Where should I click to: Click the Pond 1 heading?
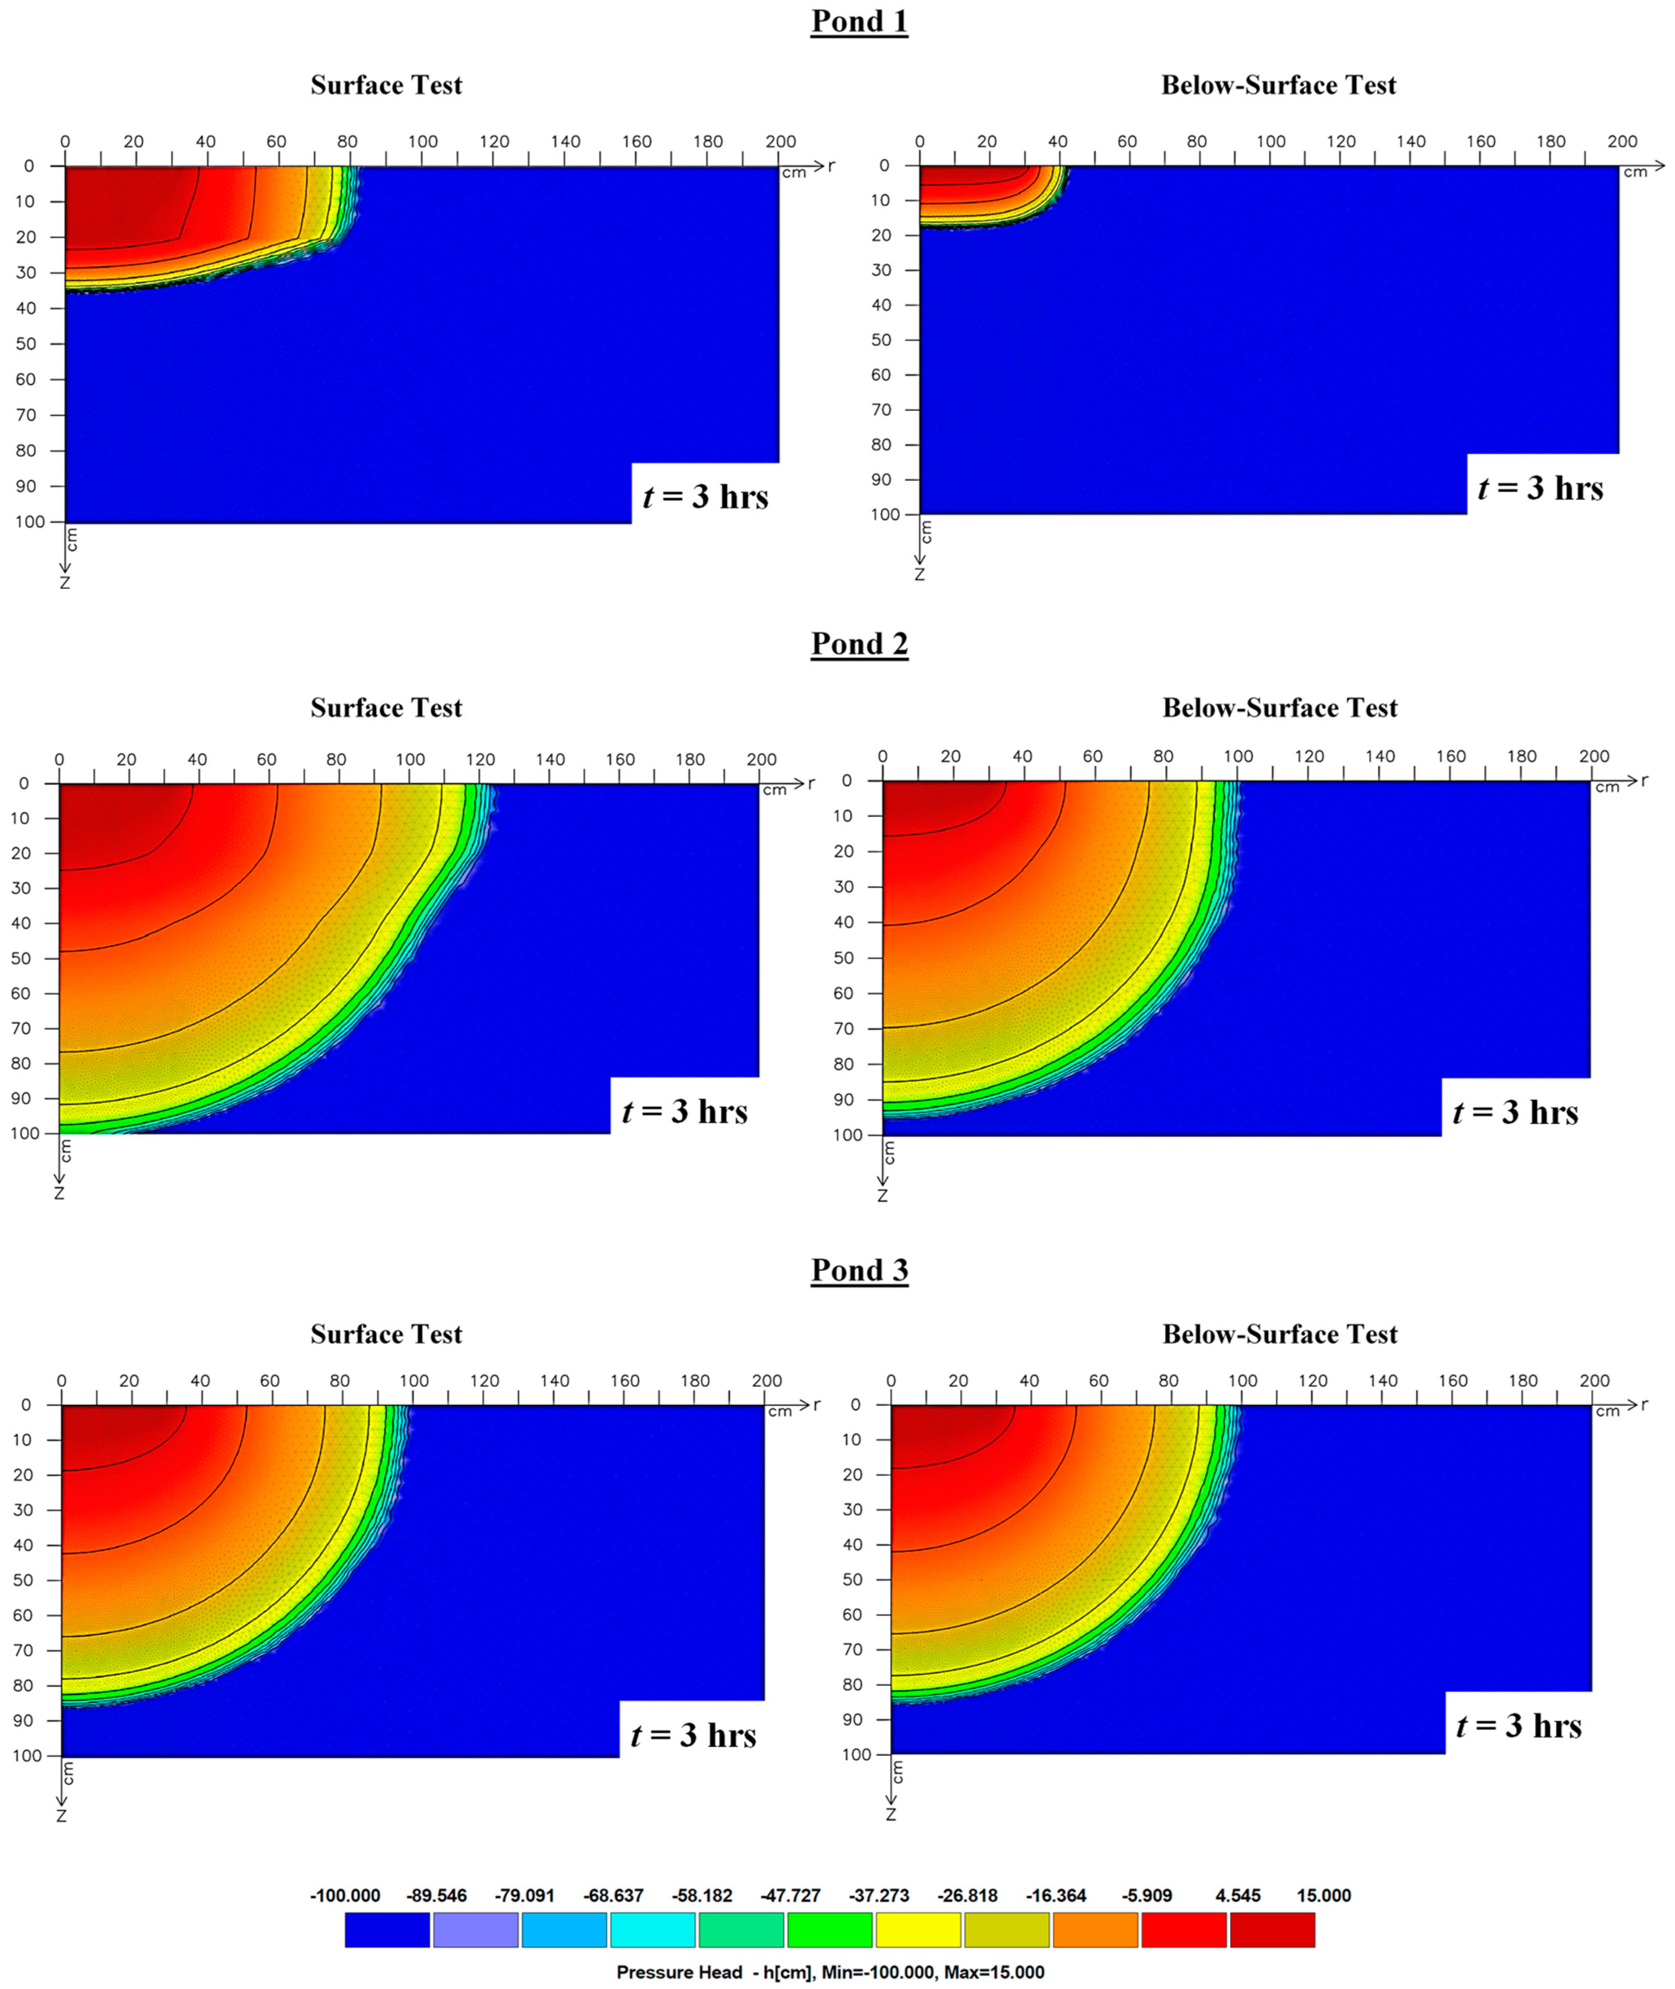pyautogui.click(x=859, y=22)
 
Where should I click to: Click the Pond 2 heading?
pyautogui.click(x=859, y=644)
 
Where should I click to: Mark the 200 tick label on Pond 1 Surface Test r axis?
pyautogui.click(x=781, y=142)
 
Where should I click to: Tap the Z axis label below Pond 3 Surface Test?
pyautogui.click(x=62, y=1815)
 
